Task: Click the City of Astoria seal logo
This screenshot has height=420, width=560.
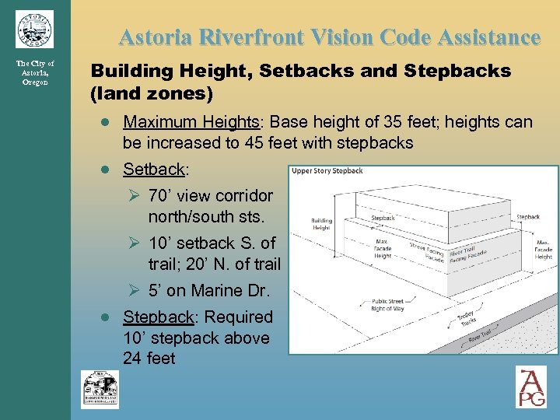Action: pyautogui.click(x=34, y=30)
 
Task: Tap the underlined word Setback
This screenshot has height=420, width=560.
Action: pyautogui.click(x=154, y=170)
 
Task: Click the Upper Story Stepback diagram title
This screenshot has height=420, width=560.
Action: pyautogui.click(x=327, y=171)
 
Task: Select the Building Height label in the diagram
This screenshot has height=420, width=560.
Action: pyautogui.click(x=322, y=224)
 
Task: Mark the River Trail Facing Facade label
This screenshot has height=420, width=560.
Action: pyautogui.click(x=468, y=254)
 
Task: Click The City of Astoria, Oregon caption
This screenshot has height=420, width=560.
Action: pyautogui.click(x=34, y=72)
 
